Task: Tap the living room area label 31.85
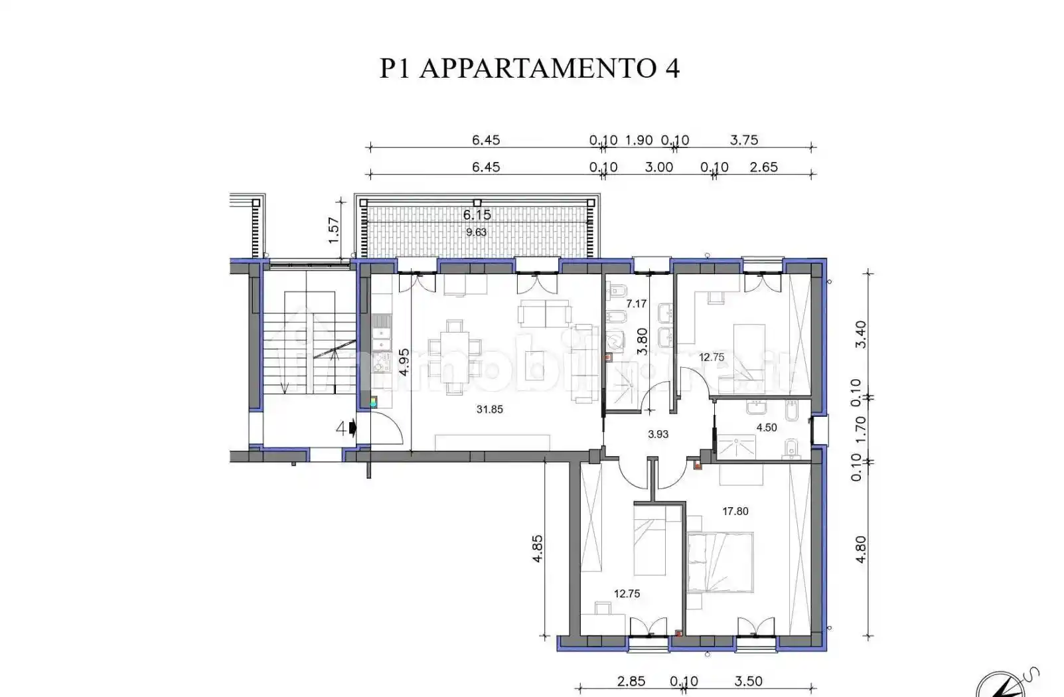[489, 410]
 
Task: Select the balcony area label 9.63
[476, 232]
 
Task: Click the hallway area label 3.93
[658, 434]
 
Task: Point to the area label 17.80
[735, 511]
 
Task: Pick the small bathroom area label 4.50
[767, 427]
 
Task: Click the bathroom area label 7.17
[636, 303]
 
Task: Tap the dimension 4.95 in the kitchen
[404, 362]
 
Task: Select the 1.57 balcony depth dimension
[334, 230]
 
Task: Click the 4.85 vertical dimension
[538, 549]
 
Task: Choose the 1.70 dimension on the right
[860, 429]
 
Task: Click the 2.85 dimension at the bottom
[631, 682]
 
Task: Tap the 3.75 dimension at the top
[743, 140]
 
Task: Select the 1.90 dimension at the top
[639, 140]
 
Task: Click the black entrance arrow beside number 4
[352, 428]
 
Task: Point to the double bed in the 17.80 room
[720, 562]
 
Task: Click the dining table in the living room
[455, 357]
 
